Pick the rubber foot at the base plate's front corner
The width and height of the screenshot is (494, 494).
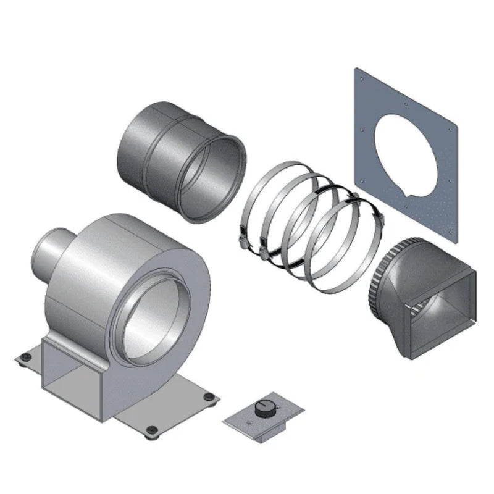[149, 430]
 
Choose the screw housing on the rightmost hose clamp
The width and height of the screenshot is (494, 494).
[377, 217]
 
